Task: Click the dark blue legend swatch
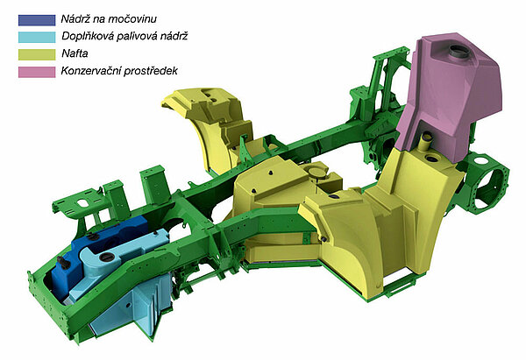tap(37, 20)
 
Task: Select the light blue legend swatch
tap(37, 37)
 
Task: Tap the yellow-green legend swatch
tap(37, 54)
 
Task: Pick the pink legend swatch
tap(37, 72)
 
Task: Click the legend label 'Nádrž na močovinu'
tap(109, 19)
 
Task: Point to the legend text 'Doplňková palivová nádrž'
tap(124, 36)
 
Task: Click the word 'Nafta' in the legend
tap(75, 53)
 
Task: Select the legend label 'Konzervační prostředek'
tap(119, 71)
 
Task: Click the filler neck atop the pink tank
tap(458, 52)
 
